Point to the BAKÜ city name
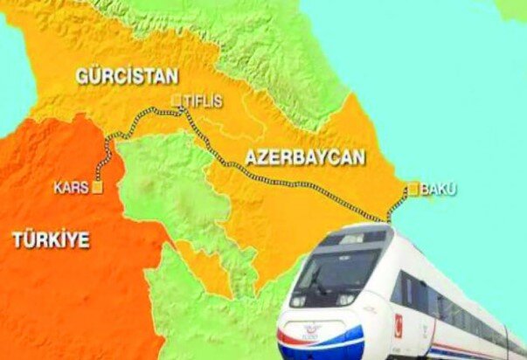(439, 189)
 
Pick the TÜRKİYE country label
(51, 239)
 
